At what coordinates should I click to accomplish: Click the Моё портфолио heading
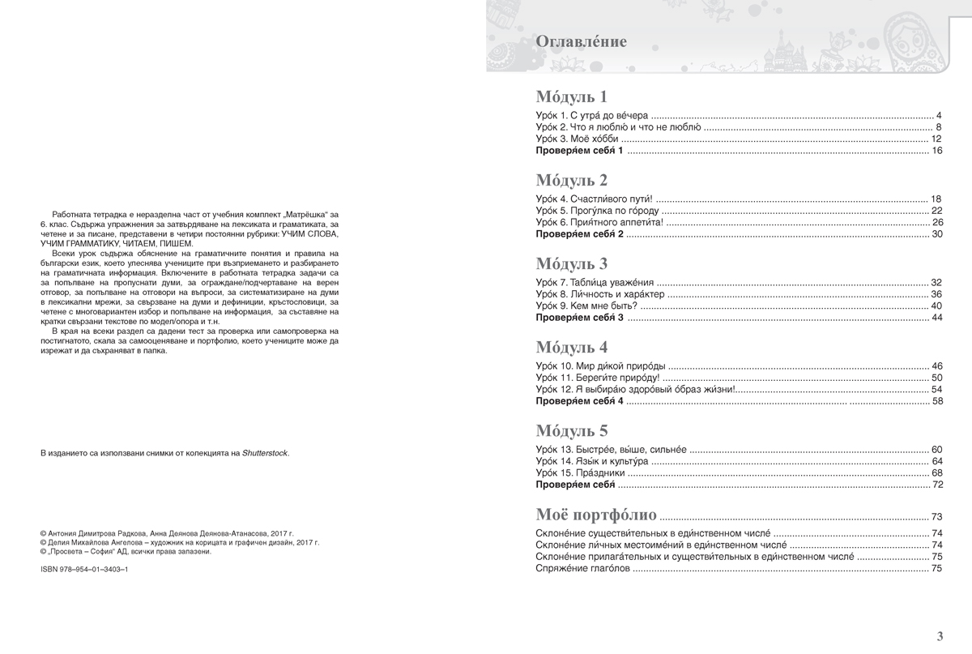596,515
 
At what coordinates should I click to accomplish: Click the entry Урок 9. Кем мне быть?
587,306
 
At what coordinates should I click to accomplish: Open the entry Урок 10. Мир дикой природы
603,366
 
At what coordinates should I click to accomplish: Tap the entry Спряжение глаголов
582,570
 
